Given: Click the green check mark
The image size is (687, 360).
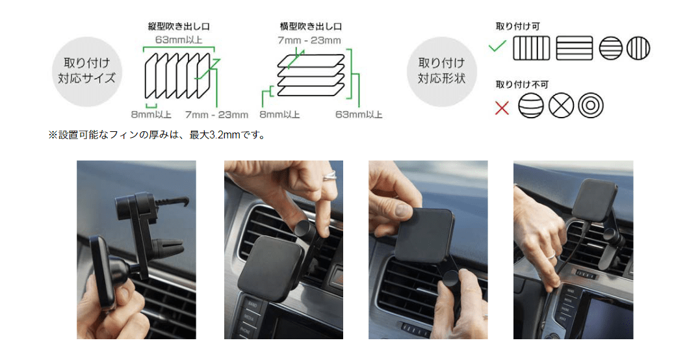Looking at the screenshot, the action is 497,45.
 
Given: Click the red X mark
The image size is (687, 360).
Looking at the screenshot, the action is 502,107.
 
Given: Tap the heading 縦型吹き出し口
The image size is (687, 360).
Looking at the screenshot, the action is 178,26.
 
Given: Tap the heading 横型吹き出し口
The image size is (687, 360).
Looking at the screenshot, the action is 311,26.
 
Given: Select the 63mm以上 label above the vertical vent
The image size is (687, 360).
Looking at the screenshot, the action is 178,40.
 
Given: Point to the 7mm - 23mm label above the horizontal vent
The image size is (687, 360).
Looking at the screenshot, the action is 309,40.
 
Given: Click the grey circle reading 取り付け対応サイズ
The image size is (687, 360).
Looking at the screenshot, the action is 86,71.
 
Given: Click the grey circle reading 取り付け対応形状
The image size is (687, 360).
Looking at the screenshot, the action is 442,71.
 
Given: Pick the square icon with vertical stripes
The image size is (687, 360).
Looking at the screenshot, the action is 531,47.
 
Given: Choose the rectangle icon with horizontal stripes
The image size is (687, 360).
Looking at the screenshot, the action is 574,47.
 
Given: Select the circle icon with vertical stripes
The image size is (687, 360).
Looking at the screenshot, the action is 638,47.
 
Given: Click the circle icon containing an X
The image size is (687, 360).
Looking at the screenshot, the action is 561,105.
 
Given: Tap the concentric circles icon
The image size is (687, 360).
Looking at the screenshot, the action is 591,105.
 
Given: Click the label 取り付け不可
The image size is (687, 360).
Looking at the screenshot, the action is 522,84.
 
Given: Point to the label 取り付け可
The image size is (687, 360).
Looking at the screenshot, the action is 517,26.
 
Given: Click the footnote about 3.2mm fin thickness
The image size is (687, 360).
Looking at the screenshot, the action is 157,135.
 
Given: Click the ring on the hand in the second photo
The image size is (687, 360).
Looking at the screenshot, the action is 329,175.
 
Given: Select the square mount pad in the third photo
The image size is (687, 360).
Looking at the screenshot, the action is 424,235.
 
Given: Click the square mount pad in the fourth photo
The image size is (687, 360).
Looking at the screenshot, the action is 594,199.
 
